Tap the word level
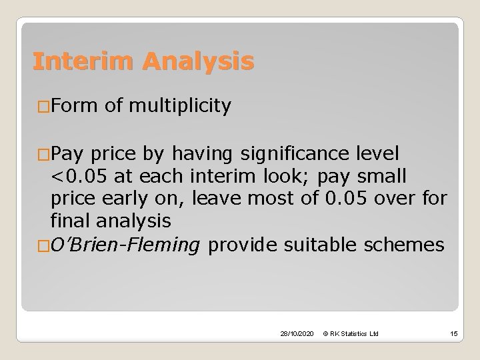377,155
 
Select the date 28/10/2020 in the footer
297,332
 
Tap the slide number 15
453,332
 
